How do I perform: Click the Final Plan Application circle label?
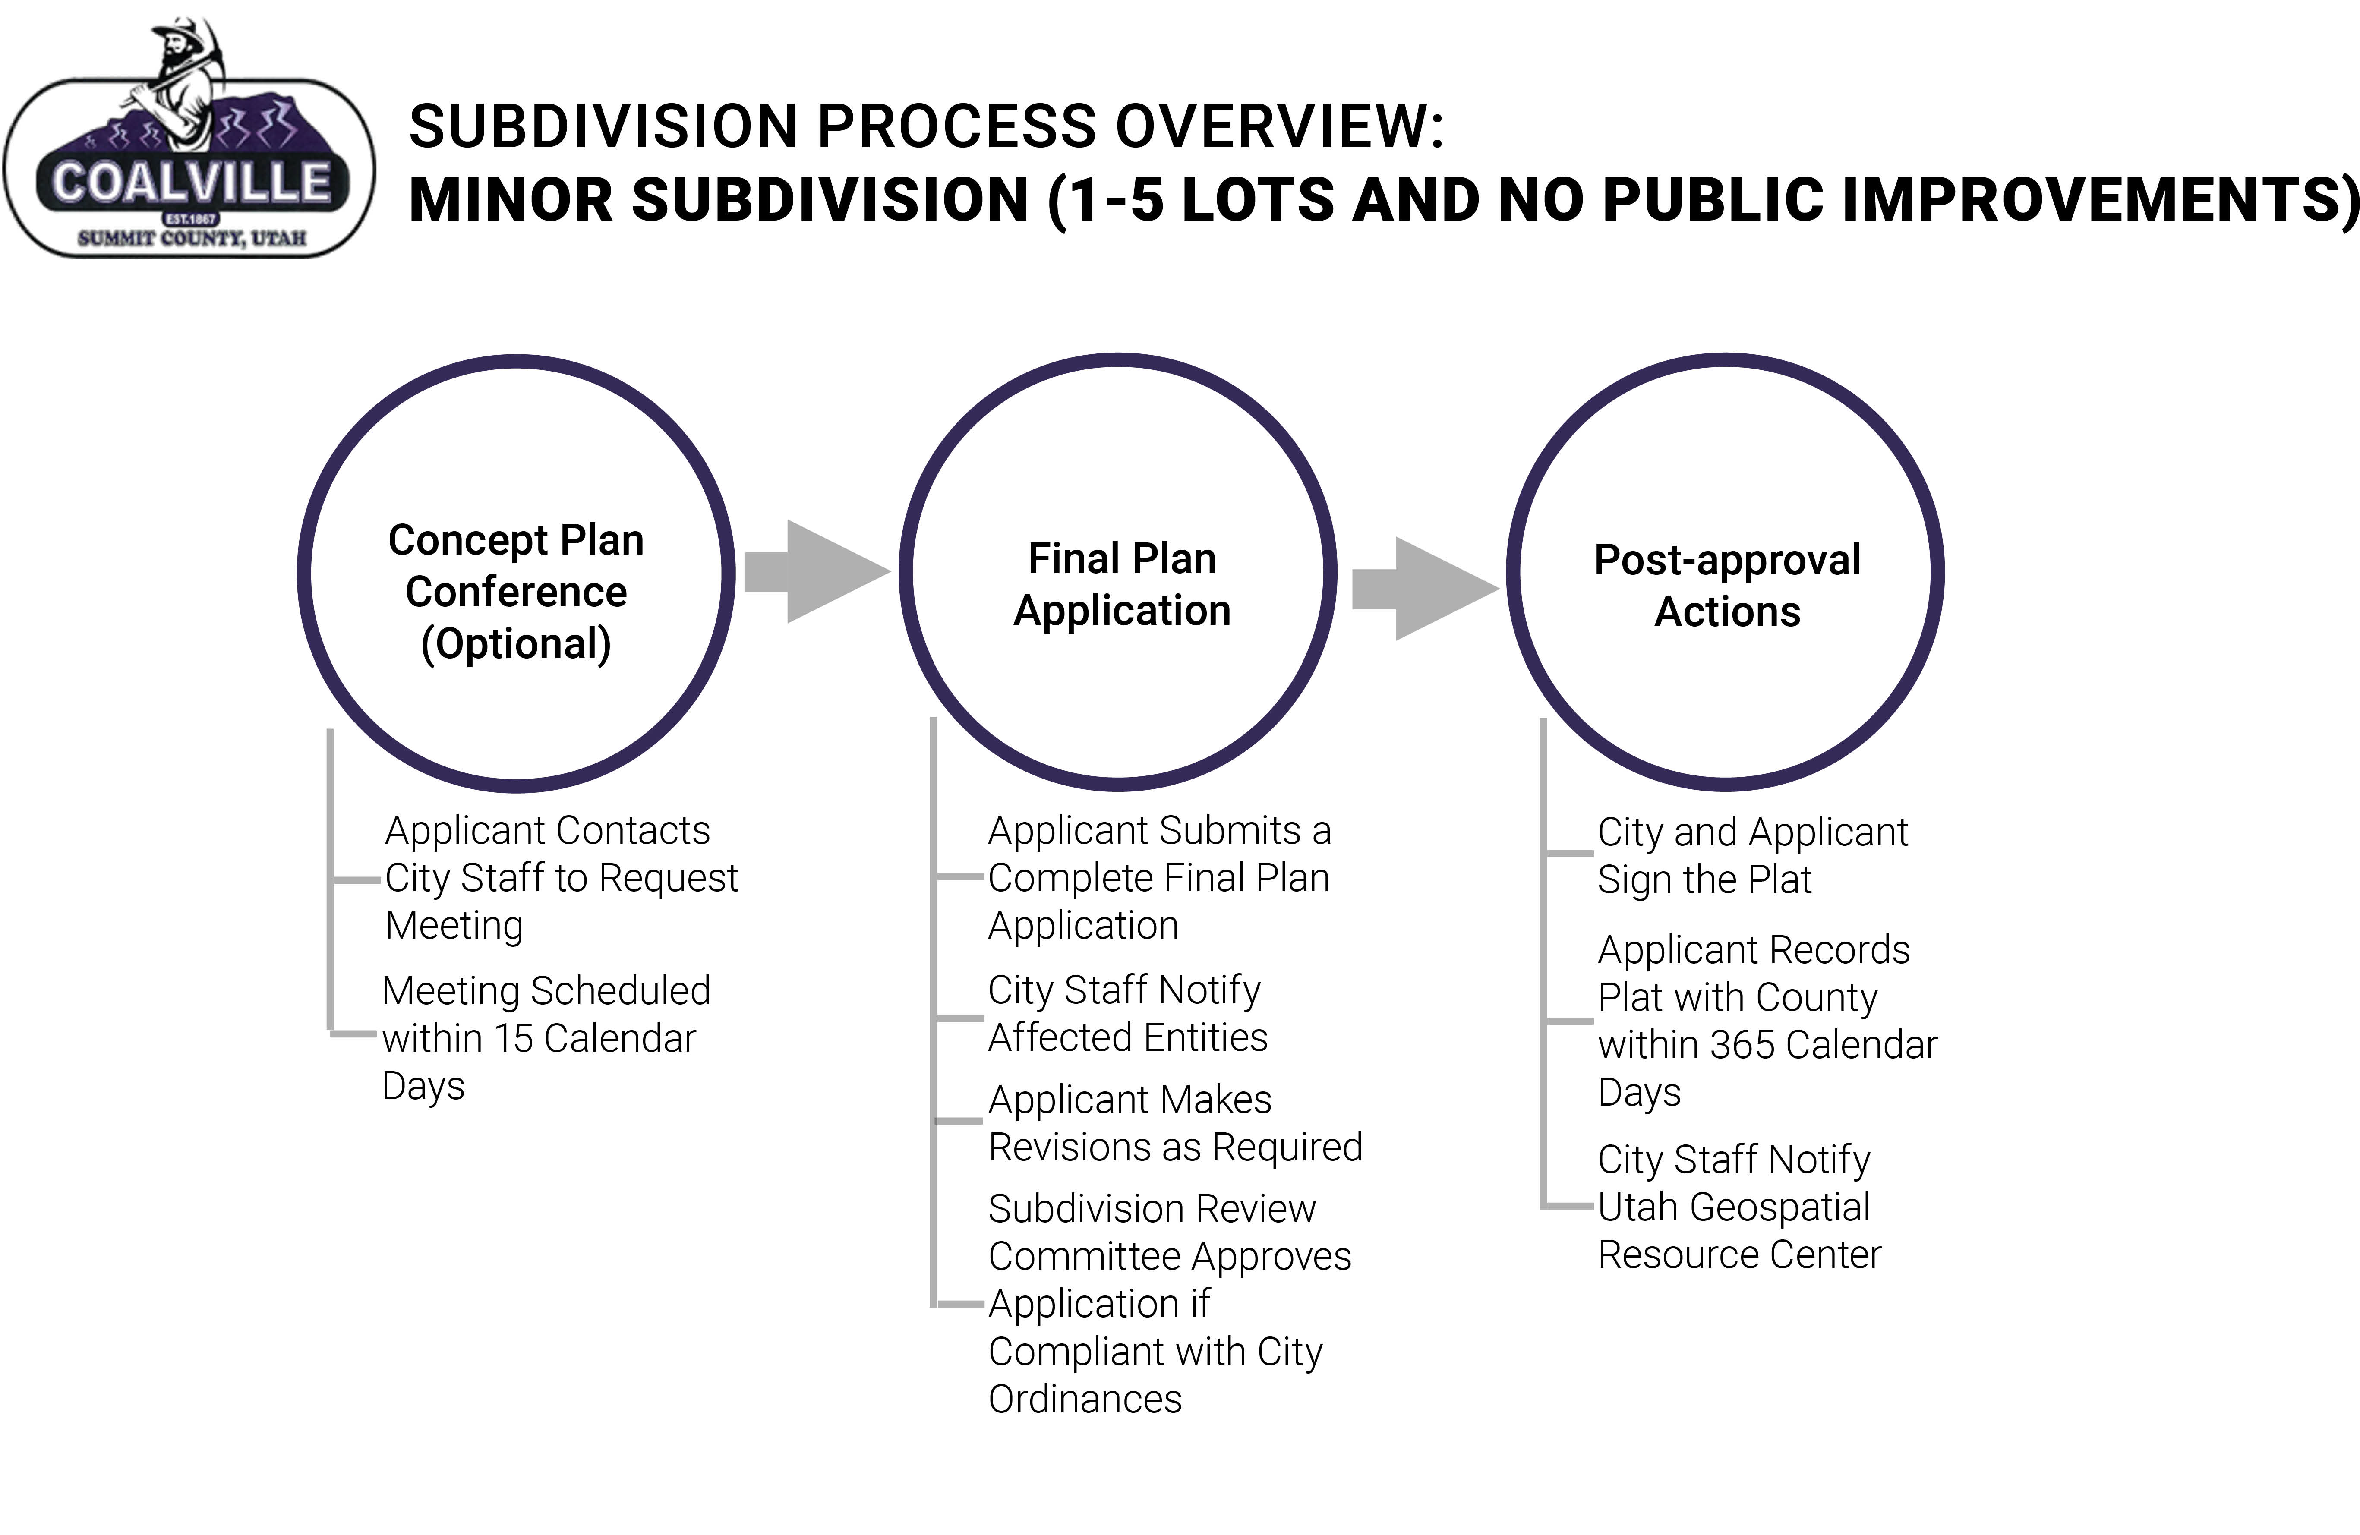tap(1121, 584)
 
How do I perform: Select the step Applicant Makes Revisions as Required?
tap(1175, 1123)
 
